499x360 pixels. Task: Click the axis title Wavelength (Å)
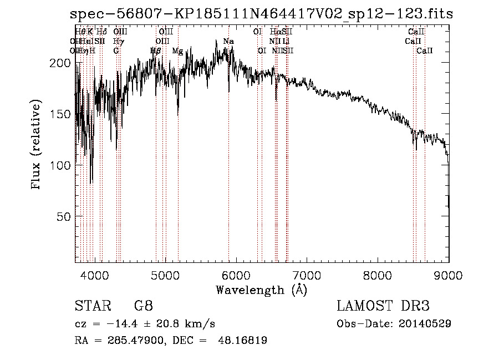[x=261, y=290]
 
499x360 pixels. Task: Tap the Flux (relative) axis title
[x=37, y=145]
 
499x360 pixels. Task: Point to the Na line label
[x=228, y=42]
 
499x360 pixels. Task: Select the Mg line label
[x=177, y=51]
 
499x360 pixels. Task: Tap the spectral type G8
[x=143, y=306]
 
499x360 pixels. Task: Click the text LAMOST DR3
[x=383, y=306]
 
